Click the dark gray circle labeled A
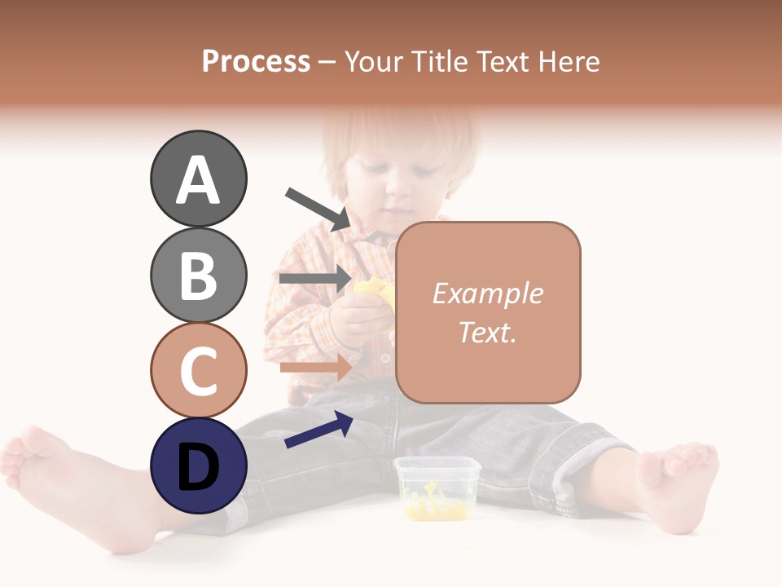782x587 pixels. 198,179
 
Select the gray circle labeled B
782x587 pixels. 198,275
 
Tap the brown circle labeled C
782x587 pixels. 198,370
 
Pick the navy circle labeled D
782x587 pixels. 198,466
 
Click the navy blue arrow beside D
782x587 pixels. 319,430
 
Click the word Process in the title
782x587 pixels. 256,62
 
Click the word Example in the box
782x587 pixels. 487,293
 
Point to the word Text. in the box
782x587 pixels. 487,332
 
